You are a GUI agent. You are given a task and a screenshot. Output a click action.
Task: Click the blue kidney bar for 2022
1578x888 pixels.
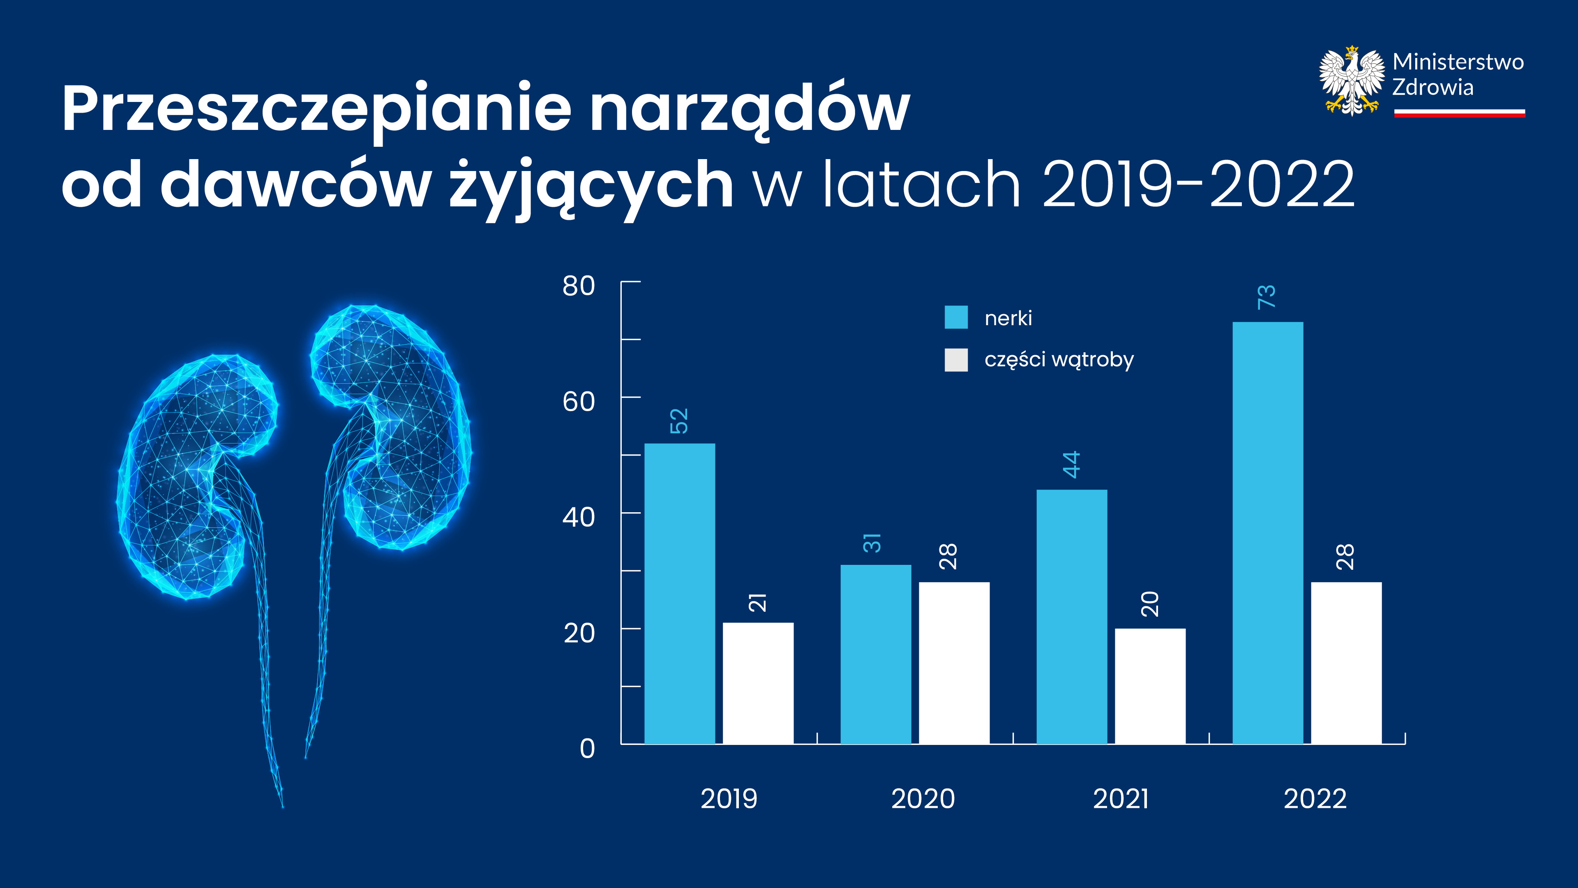[1267, 533]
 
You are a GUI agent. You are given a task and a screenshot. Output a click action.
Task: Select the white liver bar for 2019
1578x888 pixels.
[758, 683]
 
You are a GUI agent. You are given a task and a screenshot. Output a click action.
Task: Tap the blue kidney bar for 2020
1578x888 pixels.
[875, 654]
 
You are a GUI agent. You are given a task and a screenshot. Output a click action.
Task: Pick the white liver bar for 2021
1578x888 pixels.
[1150, 687]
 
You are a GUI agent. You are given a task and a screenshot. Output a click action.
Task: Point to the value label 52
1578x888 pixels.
[679, 421]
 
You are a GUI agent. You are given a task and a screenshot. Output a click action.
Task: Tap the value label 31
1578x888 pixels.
[872, 543]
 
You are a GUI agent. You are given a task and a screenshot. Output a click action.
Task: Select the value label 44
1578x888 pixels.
[1071, 465]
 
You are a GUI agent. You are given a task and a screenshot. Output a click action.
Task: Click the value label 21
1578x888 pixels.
[758, 602]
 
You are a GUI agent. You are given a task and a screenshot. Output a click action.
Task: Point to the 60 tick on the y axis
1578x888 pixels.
[578, 402]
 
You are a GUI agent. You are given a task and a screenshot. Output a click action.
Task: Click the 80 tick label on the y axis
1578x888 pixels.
[578, 286]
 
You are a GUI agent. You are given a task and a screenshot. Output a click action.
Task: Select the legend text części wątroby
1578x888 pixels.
[1059, 360]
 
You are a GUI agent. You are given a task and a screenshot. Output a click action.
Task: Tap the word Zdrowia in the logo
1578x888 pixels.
[1433, 88]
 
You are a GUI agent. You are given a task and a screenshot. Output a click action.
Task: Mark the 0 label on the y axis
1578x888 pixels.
[587, 749]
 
